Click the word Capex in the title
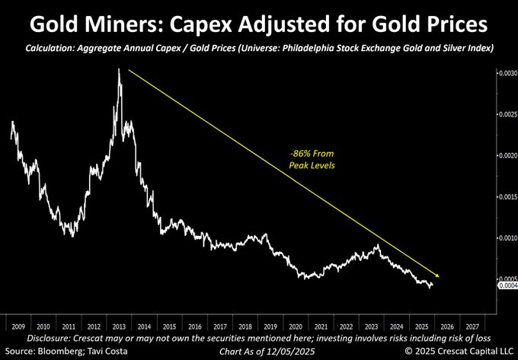216,25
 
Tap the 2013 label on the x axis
119,327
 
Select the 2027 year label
472,327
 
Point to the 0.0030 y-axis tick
507,73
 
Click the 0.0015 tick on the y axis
507,196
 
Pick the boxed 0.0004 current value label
507,286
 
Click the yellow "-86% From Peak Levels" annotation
312,159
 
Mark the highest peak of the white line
119,68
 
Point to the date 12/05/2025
293,351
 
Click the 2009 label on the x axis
18,327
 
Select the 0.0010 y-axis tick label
507,238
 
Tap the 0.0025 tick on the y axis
507,114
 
